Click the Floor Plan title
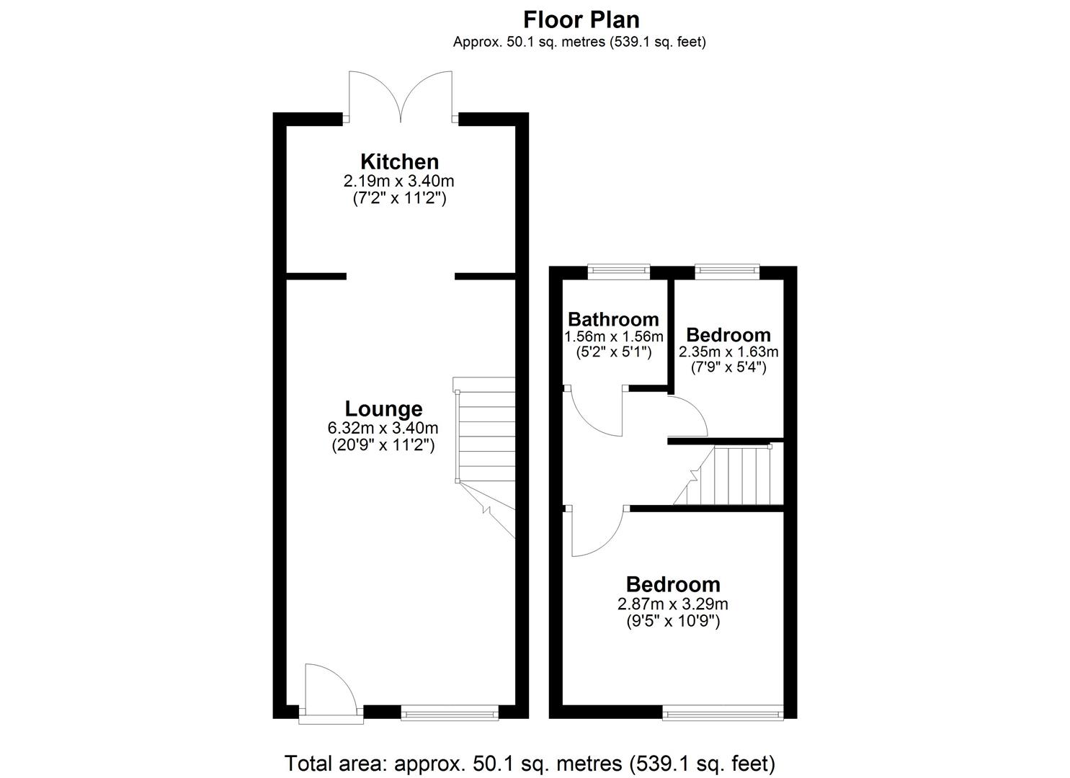tap(581, 19)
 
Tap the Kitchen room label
tap(399, 161)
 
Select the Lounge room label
tap(383, 409)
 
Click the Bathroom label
tap(613, 319)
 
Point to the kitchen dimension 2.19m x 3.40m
tap(399, 181)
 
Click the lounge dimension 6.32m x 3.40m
tap(383, 429)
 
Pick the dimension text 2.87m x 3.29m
tap(673, 604)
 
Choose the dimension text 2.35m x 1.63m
tap(728, 352)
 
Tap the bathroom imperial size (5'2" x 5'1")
tap(613, 352)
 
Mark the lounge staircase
tap(484, 439)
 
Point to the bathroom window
tap(618, 271)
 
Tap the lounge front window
tap(449, 713)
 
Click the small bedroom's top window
tap(726, 271)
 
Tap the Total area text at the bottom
tap(530, 763)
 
